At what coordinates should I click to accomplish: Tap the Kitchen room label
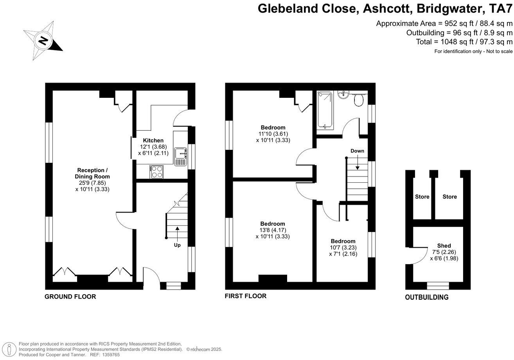[x=153, y=140]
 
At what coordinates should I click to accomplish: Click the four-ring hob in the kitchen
[x=157, y=172]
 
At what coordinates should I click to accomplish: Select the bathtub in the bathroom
[x=325, y=110]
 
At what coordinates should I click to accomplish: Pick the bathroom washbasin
[x=343, y=95]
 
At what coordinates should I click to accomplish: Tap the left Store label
[x=422, y=196]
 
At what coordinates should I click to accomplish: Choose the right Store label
[x=449, y=196]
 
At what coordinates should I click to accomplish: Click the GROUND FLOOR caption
[x=70, y=297]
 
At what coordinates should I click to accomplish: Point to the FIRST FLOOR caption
[x=245, y=296]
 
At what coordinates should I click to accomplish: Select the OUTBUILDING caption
[x=426, y=297]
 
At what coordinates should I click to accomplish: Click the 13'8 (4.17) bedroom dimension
[x=273, y=230]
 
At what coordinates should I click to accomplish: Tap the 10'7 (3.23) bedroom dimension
[x=343, y=248]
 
